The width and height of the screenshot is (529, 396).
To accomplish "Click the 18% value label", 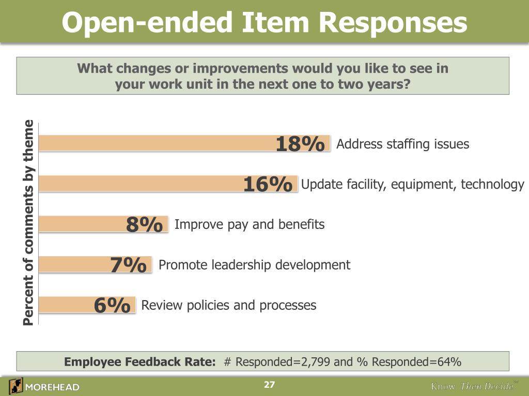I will (x=300, y=144).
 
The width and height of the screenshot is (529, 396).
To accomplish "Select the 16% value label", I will (x=268, y=185).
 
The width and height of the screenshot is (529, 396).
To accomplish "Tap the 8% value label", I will (x=145, y=225).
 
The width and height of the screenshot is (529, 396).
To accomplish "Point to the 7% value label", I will (x=128, y=265).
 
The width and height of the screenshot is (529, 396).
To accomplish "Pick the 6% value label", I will (x=112, y=305).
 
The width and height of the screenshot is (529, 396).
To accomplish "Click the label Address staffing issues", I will (x=402, y=144).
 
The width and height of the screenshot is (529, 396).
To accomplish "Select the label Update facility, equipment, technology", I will (x=412, y=184).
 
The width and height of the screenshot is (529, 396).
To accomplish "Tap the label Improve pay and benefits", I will (x=250, y=224).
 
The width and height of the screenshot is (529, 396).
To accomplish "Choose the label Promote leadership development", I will (x=254, y=265).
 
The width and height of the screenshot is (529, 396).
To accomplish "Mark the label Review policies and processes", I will (x=228, y=305).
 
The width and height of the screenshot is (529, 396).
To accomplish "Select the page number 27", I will (x=269, y=385).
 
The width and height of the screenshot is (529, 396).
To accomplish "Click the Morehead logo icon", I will (x=15, y=386).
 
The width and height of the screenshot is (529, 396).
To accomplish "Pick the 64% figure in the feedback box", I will (x=449, y=362).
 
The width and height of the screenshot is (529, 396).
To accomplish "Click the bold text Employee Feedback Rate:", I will (x=139, y=362).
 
